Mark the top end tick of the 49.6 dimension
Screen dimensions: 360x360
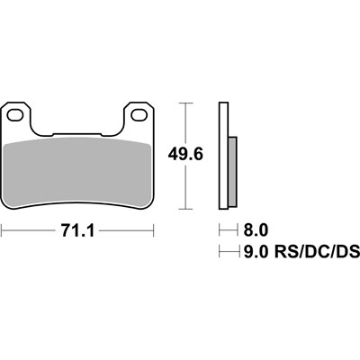pyautogui.click(x=184, y=104)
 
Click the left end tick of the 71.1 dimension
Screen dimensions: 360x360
pyautogui.click(x=3, y=232)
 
